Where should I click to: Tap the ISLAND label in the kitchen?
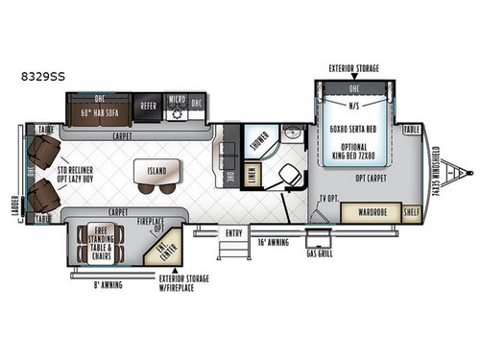pyautogui.click(x=157, y=173)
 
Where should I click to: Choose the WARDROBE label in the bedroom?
pyautogui.click(x=366, y=212)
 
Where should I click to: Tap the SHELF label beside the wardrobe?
pyautogui.click(x=412, y=213)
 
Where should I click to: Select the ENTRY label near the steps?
pyautogui.click(x=233, y=230)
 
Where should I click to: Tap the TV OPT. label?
pyautogui.click(x=328, y=199)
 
